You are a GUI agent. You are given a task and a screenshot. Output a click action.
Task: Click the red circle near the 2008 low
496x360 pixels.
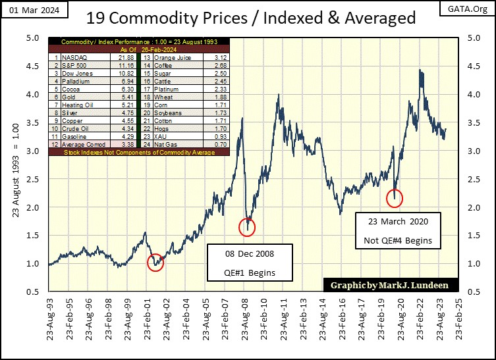coord(246,227)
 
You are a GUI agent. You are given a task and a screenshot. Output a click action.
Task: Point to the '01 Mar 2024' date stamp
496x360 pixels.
coord(24,9)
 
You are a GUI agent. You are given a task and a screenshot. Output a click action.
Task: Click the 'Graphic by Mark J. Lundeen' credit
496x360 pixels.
coord(387,286)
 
